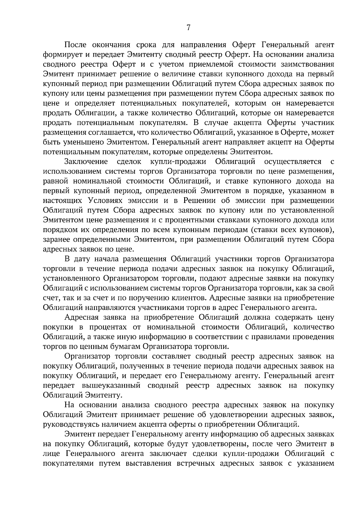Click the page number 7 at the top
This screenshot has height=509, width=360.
pyautogui.click(x=188, y=28)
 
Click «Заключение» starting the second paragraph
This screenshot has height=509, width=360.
pyautogui.click(x=86, y=162)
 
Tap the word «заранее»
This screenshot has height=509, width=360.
pyautogui.click(x=57, y=240)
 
